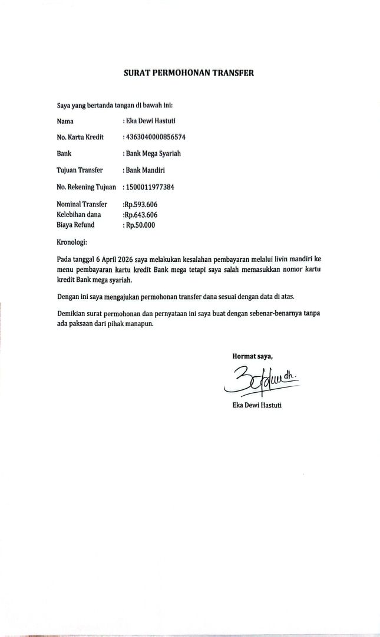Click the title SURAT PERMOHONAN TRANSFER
point(189,74)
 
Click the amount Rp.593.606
point(140,205)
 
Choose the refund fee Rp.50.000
point(140,225)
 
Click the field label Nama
point(65,122)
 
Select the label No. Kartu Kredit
point(80,137)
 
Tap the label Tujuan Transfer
point(80,170)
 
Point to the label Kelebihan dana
point(78,215)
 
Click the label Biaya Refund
point(75,225)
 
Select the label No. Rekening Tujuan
point(86,187)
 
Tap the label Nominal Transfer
point(82,205)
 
